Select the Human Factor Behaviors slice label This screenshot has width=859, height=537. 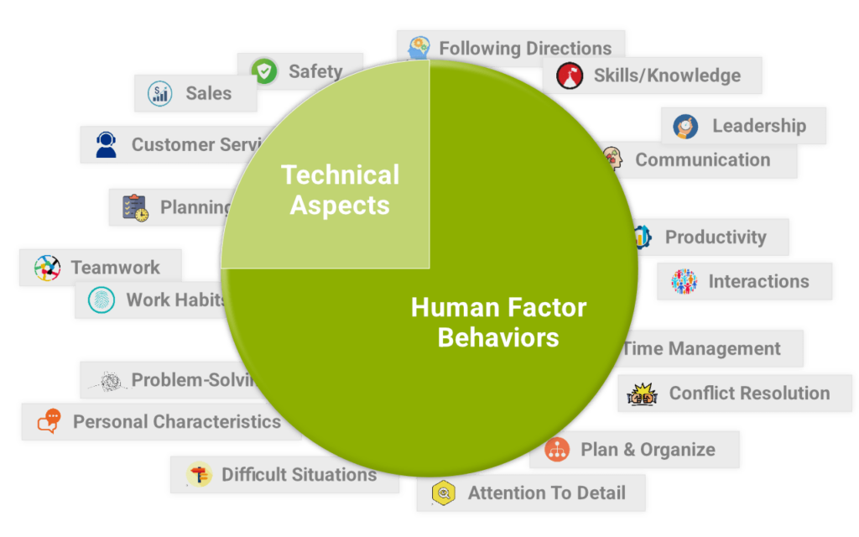pos(498,322)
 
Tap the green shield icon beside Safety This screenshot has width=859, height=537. pos(265,71)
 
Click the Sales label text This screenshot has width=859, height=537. pos(208,93)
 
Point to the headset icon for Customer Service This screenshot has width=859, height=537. pos(106,145)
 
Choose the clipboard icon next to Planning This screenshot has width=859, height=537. pos(135,207)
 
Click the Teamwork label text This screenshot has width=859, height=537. pos(115,268)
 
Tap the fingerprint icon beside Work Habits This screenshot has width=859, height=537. pos(102,300)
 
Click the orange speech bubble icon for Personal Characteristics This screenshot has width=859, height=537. pos(49,421)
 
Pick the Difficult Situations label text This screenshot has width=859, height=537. pos(299,475)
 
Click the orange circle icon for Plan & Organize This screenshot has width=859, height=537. pos(556,450)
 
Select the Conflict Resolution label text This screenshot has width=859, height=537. pos(749,393)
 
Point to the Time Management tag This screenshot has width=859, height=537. pos(705,348)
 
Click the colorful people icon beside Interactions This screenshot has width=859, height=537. pos(684,282)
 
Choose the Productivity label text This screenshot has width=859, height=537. pos(716,237)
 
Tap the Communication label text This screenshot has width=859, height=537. pos(702,159)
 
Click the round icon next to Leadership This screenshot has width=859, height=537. pos(685,126)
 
